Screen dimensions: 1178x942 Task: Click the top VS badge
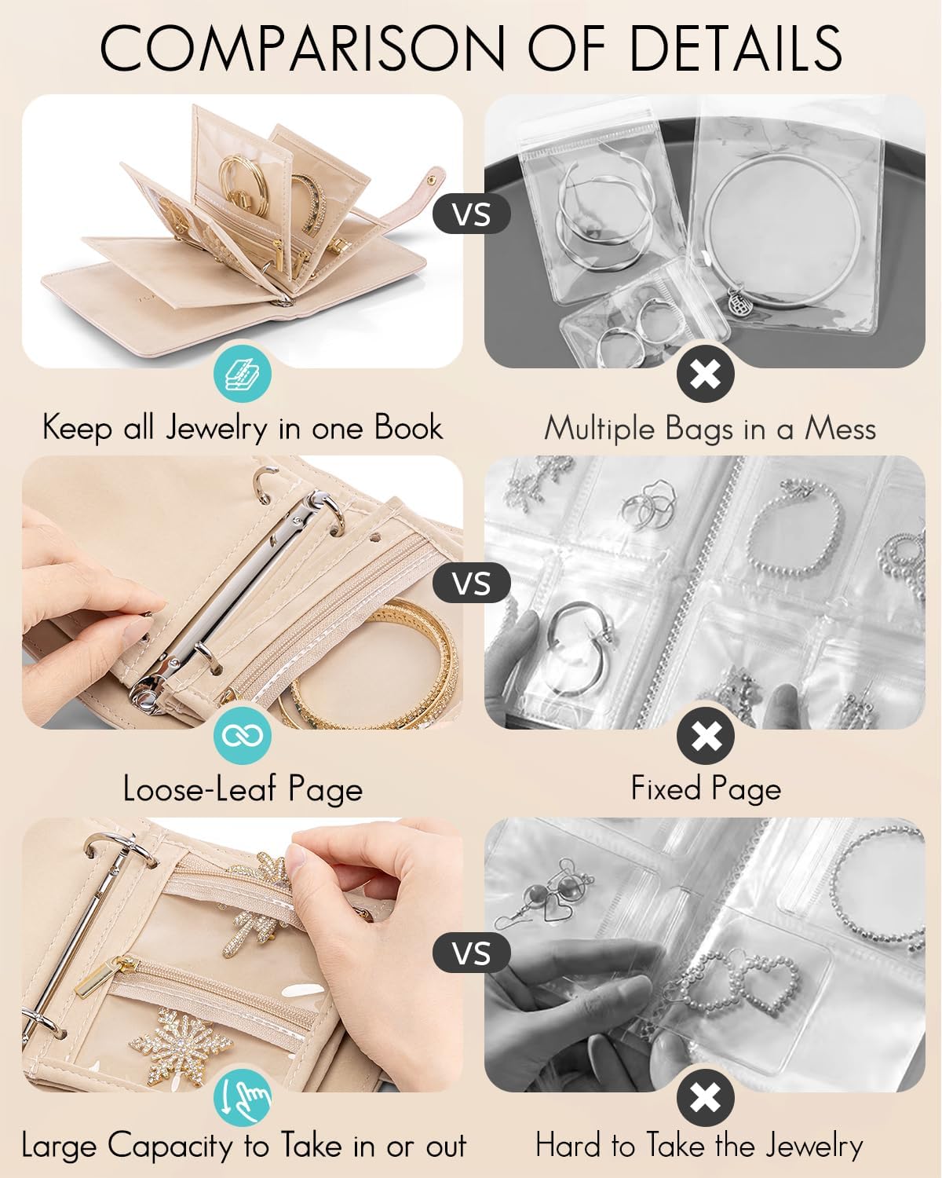tap(472, 214)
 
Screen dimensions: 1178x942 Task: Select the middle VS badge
tap(472, 584)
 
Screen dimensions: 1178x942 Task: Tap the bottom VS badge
tap(472, 953)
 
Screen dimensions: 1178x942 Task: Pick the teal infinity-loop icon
tap(242, 735)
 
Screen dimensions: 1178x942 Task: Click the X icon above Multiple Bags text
tap(705, 375)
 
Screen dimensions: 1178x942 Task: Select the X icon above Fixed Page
tap(705, 736)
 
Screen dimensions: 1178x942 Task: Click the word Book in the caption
tap(407, 428)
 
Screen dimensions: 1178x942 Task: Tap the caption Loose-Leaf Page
tap(243, 788)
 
